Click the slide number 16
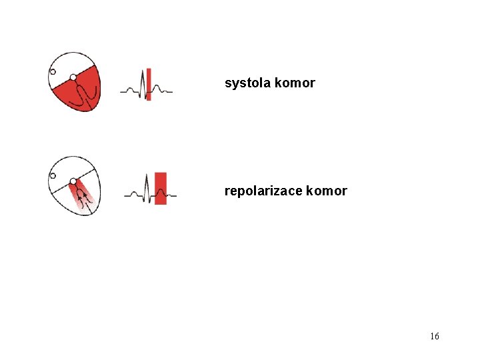(435, 337)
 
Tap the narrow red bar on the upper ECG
(149, 84)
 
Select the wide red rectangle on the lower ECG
(161, 188)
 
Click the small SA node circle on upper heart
(53, 72)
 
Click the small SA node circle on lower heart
(53, 177)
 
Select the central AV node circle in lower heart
(73, 181)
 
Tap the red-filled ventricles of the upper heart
(79, 93)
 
